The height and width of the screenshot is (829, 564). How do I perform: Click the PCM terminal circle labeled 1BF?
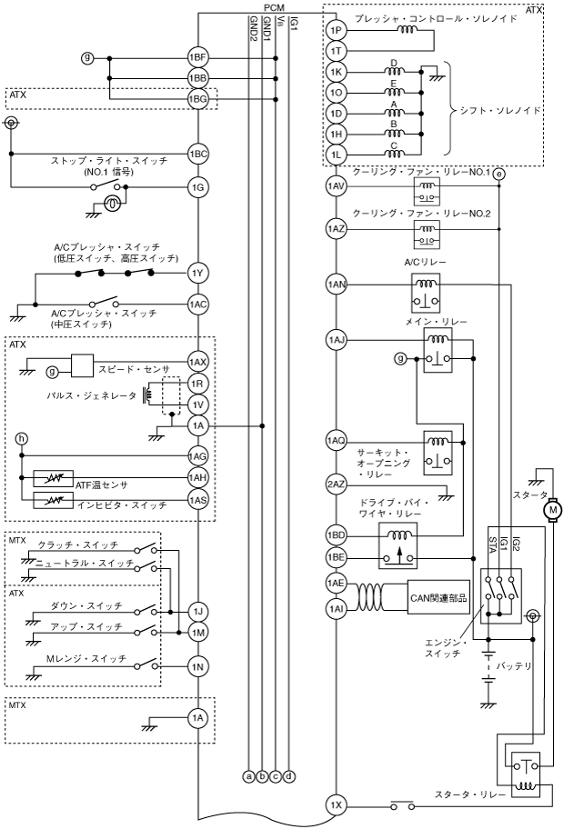tap(198, 59)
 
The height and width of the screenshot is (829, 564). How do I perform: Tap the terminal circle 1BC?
tap(198, 154)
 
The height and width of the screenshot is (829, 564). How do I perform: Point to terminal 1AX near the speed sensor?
tap(198, 362)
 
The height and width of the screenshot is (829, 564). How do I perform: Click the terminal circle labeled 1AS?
tap(198, 500)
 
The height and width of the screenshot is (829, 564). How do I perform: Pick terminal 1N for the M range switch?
tap(198, 667)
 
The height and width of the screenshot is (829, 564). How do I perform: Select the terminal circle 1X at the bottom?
tap(335, 804)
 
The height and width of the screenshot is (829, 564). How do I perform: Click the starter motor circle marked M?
tap(552, 512)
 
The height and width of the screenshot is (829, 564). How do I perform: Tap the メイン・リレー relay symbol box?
tap(438, 350)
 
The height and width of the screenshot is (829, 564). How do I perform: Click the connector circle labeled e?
tap(499, 174)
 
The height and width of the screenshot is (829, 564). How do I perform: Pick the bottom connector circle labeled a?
tap(248, 775)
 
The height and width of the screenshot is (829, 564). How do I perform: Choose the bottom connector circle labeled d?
tap(289, 775)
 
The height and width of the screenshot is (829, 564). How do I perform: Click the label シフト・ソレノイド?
tap(502, 109)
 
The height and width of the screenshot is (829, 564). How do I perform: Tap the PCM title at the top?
tap(274, 7)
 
